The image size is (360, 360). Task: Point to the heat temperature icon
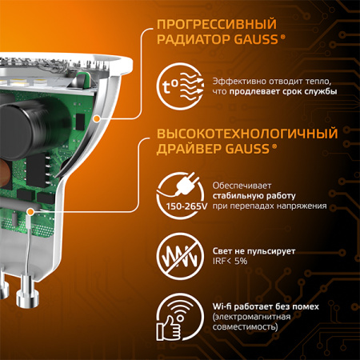185,86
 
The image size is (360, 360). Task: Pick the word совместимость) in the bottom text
246,327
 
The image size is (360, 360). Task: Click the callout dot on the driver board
31,210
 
